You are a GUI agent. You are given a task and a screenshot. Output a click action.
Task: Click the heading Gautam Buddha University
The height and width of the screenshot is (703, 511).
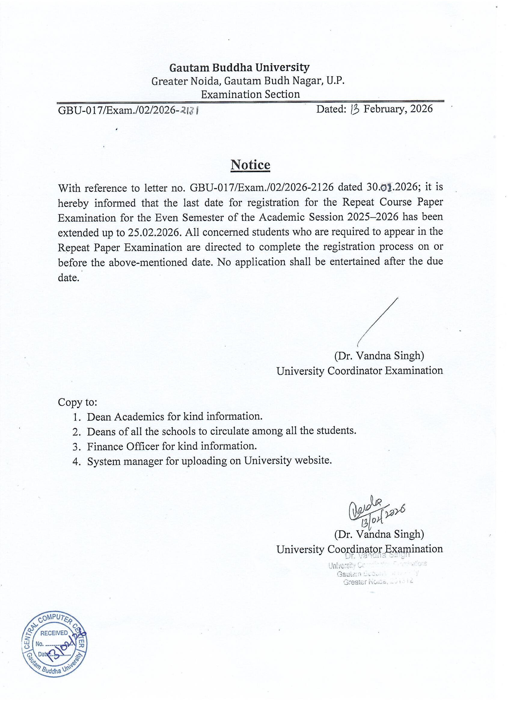[239, 67]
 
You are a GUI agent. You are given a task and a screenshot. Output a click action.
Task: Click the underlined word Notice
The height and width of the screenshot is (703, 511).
[250, 164]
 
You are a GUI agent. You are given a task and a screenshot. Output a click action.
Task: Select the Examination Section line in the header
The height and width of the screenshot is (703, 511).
[250, 94]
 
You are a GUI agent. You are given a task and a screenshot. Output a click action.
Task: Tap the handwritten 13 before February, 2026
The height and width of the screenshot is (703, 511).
[354, 109]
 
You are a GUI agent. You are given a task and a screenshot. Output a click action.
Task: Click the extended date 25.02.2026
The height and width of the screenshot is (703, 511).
[154, 232]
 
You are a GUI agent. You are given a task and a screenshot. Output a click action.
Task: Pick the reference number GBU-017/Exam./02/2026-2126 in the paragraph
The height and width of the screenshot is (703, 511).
[262, 187]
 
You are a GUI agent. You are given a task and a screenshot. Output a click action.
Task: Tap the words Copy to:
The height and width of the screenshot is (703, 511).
[78, 402]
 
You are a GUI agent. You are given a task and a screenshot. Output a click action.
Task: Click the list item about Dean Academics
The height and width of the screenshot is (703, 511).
[174, 416]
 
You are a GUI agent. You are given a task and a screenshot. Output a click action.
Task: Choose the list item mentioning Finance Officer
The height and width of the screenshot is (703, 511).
[172, 446]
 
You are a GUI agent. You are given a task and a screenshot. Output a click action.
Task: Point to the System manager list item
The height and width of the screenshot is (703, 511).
[209, 461]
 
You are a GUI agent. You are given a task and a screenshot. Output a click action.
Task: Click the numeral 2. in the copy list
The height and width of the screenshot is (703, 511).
[77, 432]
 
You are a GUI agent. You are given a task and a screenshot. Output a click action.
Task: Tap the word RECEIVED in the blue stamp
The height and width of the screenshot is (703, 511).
[54, 633]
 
